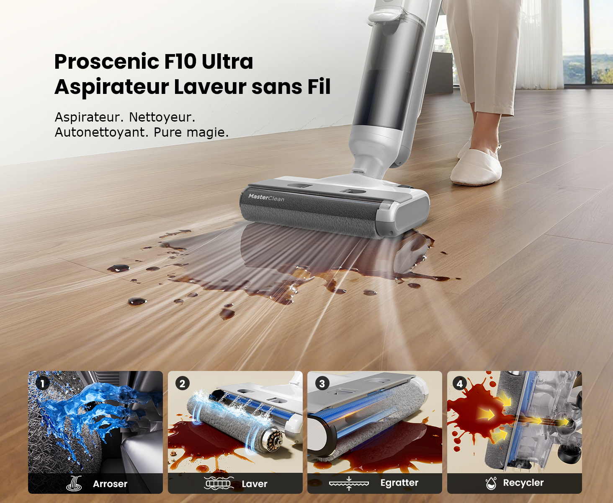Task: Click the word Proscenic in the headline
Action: click(107, 61)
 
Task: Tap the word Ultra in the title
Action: click(227, 61)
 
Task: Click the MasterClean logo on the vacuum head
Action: click(266, 198)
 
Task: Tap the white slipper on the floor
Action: click(476, 167)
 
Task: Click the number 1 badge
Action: click(42, 384)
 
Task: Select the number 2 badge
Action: click(182, 384)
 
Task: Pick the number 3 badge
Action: click(322, 384)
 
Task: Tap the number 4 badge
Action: click(460, 384)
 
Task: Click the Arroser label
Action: click(110, 484)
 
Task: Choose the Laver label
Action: click(254, 484)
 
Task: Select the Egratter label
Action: click(399, 483)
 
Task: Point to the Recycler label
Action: click(523, 482)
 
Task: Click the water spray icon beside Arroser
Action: click(74, 483)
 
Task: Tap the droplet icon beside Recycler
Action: click(491, 483)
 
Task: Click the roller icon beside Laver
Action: click(219, 483)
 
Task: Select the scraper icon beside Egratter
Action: click(349, 483)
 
